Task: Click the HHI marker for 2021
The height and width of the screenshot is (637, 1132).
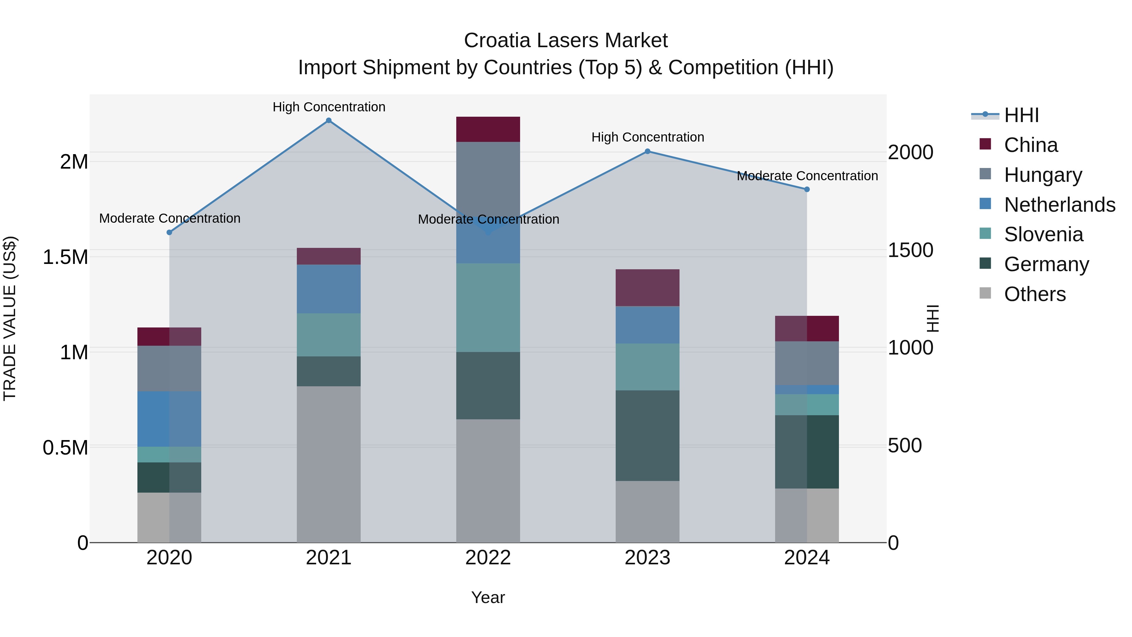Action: pyautogui.click(x=328, y=120)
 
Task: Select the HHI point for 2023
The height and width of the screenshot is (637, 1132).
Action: pyautogui.click(x=647, y=151)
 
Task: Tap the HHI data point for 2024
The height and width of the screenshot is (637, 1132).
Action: pyautogui.click(x=807, y=189)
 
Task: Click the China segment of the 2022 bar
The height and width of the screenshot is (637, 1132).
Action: pyautogui.click(x=488, y=129)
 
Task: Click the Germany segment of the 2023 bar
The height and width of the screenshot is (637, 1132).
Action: pyautogui.click(x=647, y=435)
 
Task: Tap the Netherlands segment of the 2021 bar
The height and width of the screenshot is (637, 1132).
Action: pyautogui.click(x=328, y=289)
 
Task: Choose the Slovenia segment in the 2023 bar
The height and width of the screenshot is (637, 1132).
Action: pyautogui.click(x=647, y=367)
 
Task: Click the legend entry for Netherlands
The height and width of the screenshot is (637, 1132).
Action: pyautogui.click(x=1059, y=205)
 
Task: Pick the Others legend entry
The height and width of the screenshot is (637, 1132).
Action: pyautogui.click(x=1035, y=294)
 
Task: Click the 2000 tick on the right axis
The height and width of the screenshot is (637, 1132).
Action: pyautogui.click(x=910, y=153)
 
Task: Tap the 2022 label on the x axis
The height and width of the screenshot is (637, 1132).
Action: pyautogui.click(x=488, y=558)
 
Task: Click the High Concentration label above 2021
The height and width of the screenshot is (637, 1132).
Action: pyautogui.click(x=329, y=107)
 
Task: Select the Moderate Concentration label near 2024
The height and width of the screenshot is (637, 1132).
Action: pyautogui.click(x=807, y=176)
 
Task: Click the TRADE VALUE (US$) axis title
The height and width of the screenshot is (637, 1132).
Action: pyautogui.click(x=10, y=318)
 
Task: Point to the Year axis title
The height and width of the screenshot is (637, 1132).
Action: pyautogui.click(x=488, y=597)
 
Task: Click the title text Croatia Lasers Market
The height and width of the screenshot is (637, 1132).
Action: pyautogui.click(x=566, y=41)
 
